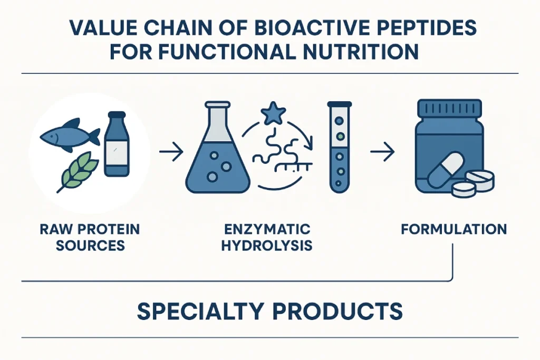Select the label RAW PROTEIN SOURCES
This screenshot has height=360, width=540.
click(89, 237)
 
